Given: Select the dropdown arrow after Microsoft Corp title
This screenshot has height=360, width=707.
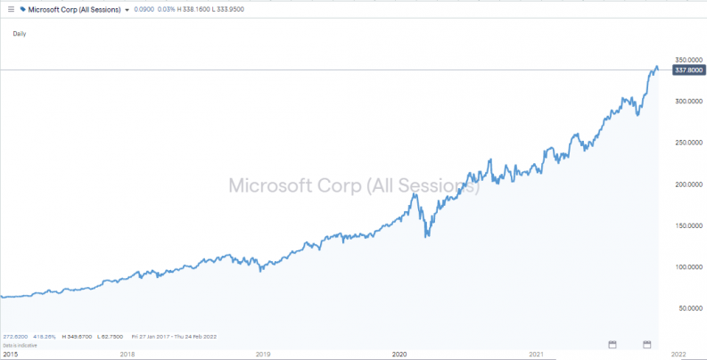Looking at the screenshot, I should pos(127,9).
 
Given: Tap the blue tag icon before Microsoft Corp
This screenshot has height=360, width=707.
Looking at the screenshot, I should pos(21,8).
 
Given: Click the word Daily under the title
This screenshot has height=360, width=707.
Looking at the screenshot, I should pos(21,34).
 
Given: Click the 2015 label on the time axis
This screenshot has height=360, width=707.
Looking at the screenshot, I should pos(10,354).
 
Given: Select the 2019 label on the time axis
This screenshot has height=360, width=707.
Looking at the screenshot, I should pos(262,354).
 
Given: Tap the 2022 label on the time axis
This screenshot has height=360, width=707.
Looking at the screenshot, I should pos(678,354).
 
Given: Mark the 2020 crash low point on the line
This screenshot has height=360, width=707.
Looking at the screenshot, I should pos(426,237).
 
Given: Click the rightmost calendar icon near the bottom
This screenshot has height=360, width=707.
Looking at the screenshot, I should pos(648,344).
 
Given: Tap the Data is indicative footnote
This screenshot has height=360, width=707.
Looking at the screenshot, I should pos(17,345).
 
